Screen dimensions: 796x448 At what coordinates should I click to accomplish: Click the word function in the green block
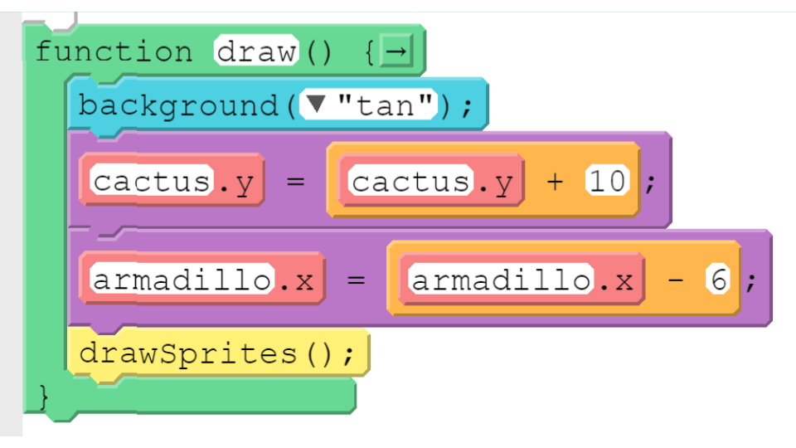tap(114, 51)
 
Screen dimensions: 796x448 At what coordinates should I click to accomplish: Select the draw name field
tap(256, 51)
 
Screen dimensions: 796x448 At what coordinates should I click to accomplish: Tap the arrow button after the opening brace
tap(396, 51)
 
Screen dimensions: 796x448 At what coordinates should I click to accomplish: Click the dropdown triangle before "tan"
tap(316, 105)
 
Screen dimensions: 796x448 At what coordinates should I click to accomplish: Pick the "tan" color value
tap(386, 105)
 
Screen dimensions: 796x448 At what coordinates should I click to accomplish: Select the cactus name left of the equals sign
tap(151, 181)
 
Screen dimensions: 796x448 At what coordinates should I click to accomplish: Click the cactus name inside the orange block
tap(410, 181)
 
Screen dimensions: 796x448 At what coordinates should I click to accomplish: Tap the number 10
tap(607, 181)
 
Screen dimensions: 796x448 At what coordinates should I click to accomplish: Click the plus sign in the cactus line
tap(555, 182)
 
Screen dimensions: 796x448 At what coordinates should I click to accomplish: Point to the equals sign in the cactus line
tap(295, 181)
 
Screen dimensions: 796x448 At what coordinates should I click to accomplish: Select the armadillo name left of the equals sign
tap(182, 280)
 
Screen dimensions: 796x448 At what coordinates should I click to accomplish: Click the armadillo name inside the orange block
tap(501, 280)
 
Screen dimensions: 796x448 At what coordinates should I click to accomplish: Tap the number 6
tap(718, 280)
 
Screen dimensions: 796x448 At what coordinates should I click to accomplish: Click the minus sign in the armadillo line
tap(676, 280)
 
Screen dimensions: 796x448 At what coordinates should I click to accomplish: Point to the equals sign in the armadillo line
tap(356, 280)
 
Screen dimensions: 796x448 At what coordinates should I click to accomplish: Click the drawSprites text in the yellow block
tap(188, 353)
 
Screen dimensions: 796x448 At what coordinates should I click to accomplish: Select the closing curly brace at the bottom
tap(44, 397)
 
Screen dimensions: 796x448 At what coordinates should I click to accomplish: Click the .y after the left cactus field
tap(236, 183)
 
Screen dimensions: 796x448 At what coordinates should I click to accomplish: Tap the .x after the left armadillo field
tap(297, 280)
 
